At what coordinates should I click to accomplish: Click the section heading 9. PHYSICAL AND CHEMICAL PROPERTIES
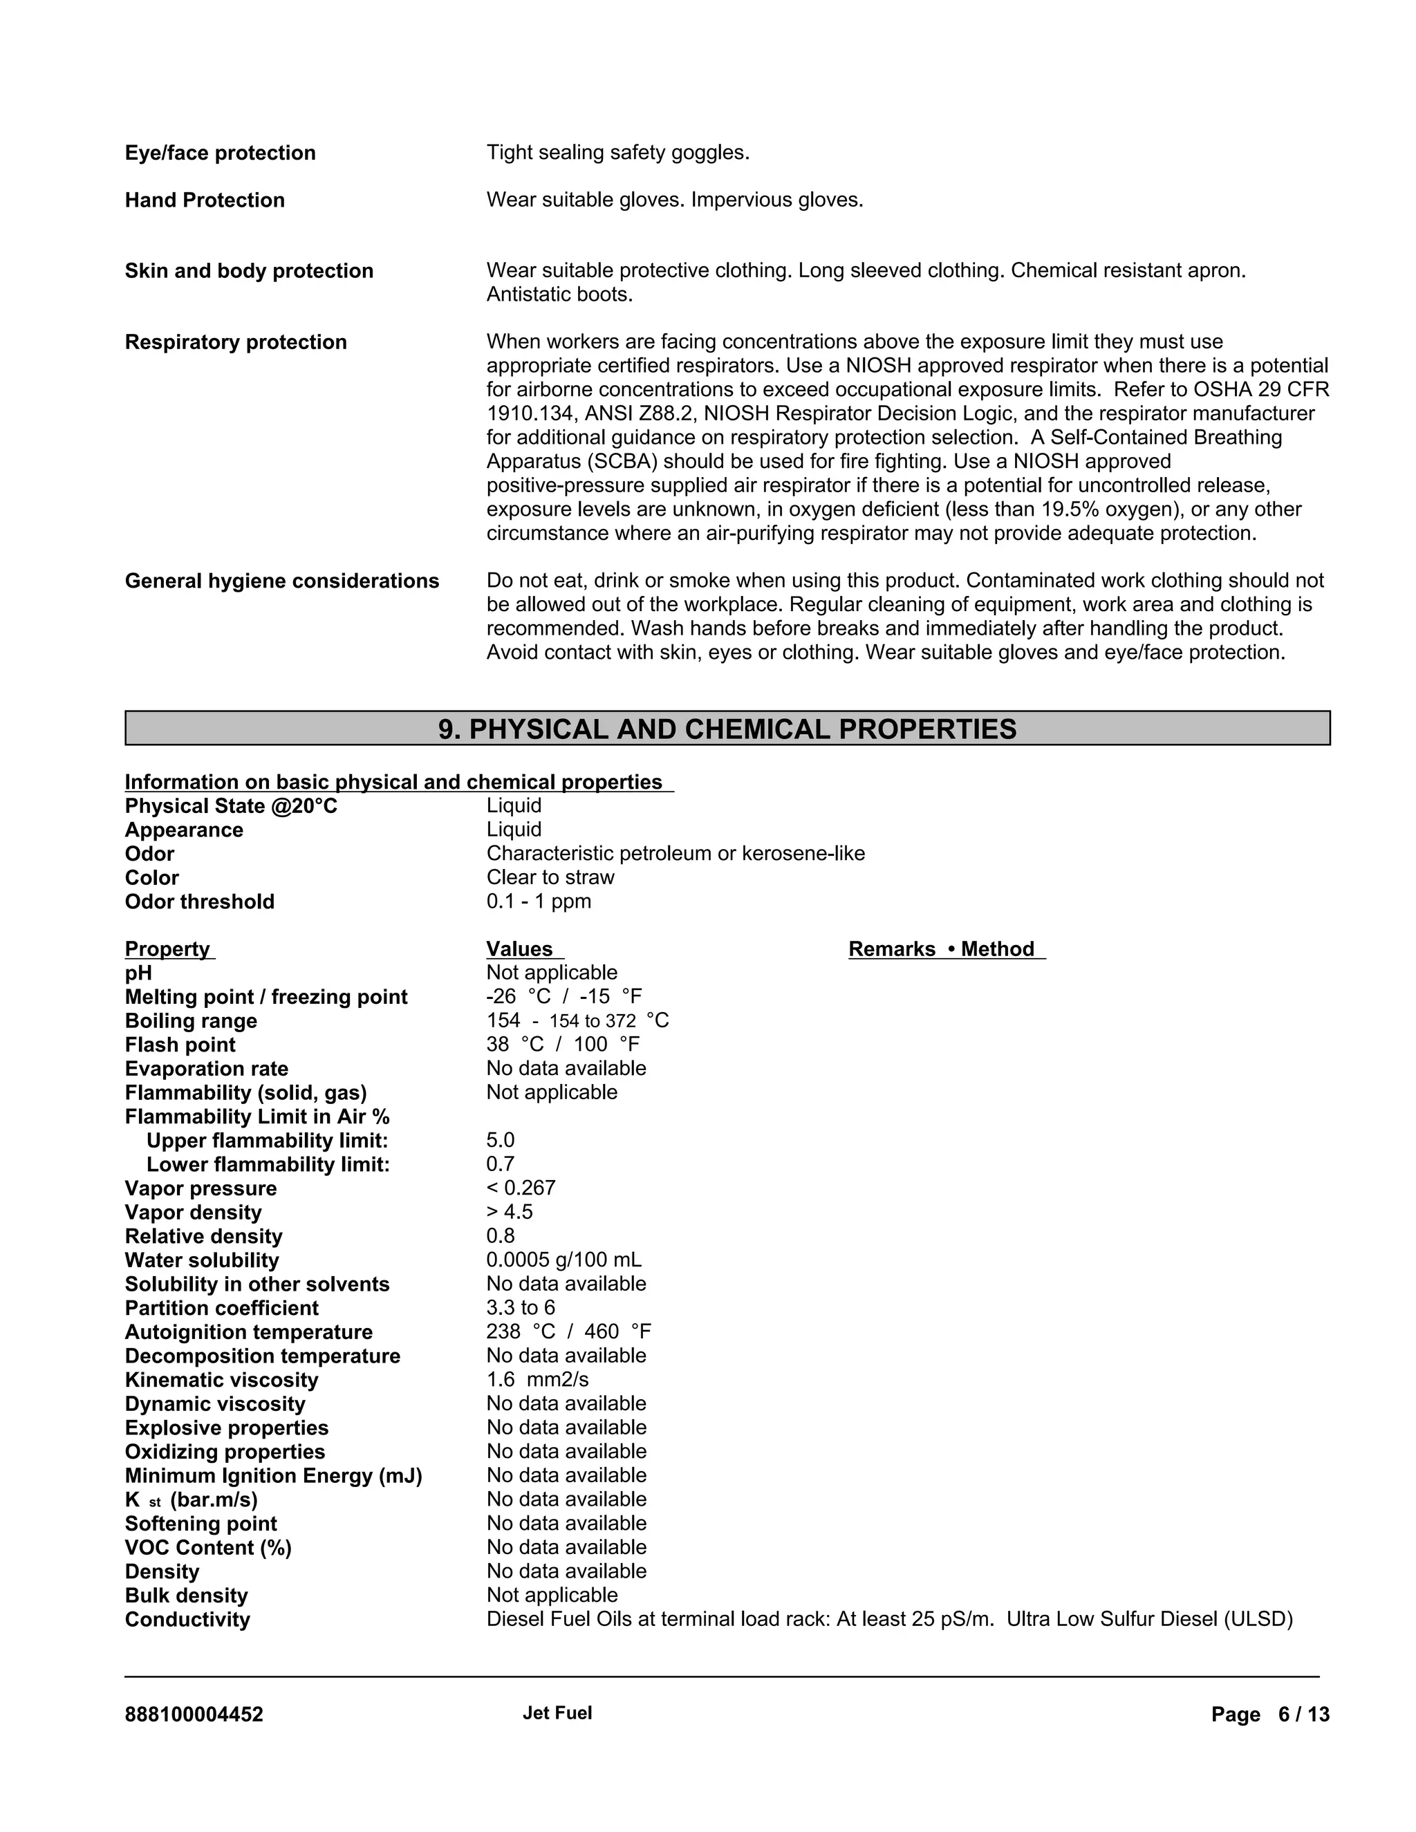[x=727, y=729]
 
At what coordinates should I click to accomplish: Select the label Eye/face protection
[x=220, y=153]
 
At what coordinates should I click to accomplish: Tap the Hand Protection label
[x=205, y=200]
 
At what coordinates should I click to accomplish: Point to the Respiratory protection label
[x=236, y=342]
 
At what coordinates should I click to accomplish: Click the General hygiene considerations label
[x=282, y=581]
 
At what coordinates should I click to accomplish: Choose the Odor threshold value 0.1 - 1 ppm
[x=539, y=901]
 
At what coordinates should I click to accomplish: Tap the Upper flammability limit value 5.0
[x=501, y=1140]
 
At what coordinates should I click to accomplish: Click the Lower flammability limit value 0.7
[x=501, y=1164]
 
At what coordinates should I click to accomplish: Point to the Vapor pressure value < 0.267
[x=521, y=1188]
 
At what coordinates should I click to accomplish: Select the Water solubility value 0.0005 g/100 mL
[x=563, y=1260]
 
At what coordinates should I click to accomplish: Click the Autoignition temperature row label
[x=248, y=1332]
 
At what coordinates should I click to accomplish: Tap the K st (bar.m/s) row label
[x=192, y=1500]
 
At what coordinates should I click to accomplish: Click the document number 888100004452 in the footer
[x=194, y=1714]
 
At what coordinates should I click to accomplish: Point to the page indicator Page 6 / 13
[x=1270, y=1714]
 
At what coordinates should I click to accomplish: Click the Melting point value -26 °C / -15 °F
[x=563, y=996]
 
